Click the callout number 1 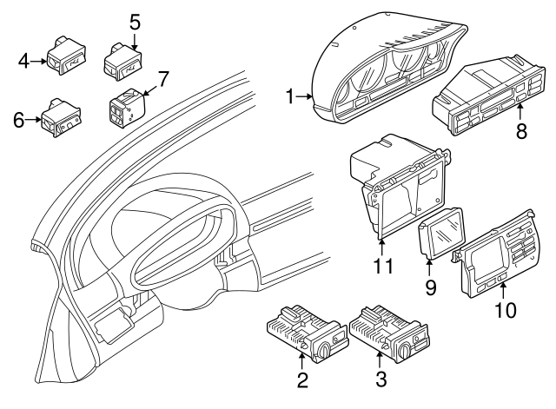(x=290, y=96)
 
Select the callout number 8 (x=521, y=131)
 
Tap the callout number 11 (x=382, y=266)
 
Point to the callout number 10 (x=505, y=310)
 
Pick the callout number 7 (x=162, y=79)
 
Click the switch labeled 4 (x=67, y=56)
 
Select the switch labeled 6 (x=62, y=118)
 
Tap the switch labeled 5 (x=122, y=63)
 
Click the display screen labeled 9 (x=442, y=232)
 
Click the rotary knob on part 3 (x=404, y=352)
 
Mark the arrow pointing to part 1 (x=304, y=96)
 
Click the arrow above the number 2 (x=301, y=360)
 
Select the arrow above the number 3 (x=380, y=360)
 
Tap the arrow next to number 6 (x=34, y=120)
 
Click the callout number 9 (x=430, y=287)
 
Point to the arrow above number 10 (x=503, y=291)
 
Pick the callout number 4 (x=23, y=62)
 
